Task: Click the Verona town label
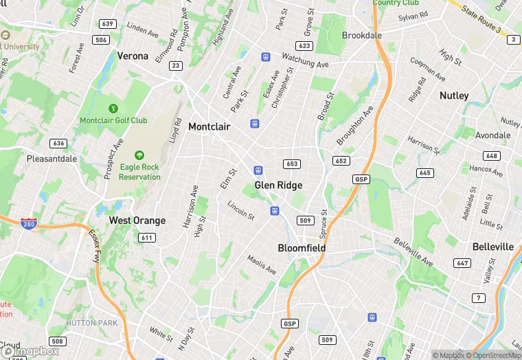[x=133, y=56]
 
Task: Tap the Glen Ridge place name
[x=278, y=185]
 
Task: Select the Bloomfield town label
[x=302, y=247]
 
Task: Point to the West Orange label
[x=137, y=221]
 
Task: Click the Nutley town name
[x=454, y=95]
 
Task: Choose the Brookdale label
[x=362, y=35]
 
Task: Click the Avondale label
[x=492, y=135]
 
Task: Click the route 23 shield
[x=177, y=65]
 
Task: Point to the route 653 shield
[x=292, y=164]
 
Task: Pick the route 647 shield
[x=462, y=263]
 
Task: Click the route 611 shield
[x=146, y=238]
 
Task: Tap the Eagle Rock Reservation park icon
[x=139, y=156]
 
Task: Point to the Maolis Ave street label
[x=262, y=265]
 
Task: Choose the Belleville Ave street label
[x=413, y=252]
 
